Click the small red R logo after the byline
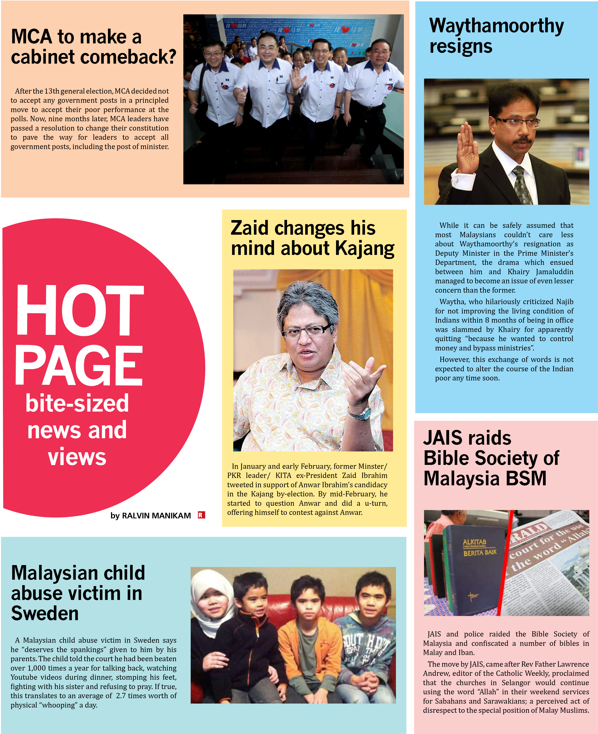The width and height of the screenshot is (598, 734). point(201,515)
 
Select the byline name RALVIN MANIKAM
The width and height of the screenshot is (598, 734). point(156,515)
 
